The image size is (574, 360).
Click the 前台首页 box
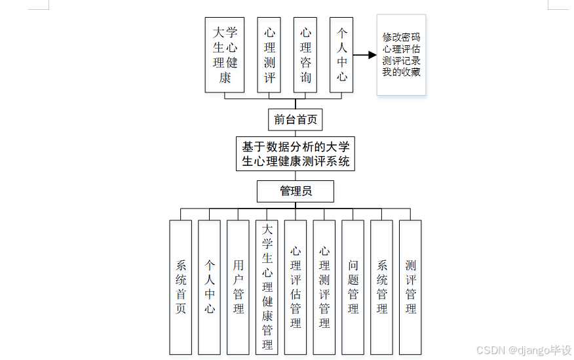coord(296,120)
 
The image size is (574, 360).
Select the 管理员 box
coord(296,191)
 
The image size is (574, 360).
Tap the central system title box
coord(296,154)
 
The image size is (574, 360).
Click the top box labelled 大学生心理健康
coord(225,54)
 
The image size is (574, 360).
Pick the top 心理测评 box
coord(269,54)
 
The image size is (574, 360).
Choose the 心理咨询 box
coord(305,54)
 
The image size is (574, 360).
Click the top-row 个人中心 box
coord(341,54)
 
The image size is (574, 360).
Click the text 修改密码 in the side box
coord(401,37)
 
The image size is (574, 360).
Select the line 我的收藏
coord(401,72)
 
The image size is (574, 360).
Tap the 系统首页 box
coord(181,287)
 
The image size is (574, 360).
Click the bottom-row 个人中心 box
coord(210,287)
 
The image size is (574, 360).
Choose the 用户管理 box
coord(238,287)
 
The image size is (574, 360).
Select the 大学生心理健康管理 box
coord(267,287)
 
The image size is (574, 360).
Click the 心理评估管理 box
coord(296,287)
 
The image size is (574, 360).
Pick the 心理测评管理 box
coord(324,287)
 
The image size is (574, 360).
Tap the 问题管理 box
coord(353,287)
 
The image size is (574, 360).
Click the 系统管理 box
coord(382,287)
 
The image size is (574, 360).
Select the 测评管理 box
coord(410,287)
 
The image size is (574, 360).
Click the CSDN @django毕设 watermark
coord(524,351)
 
